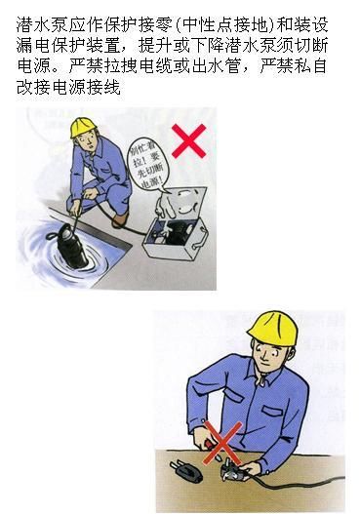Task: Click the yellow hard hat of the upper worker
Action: [89, 126]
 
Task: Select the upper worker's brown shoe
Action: [119, 219]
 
